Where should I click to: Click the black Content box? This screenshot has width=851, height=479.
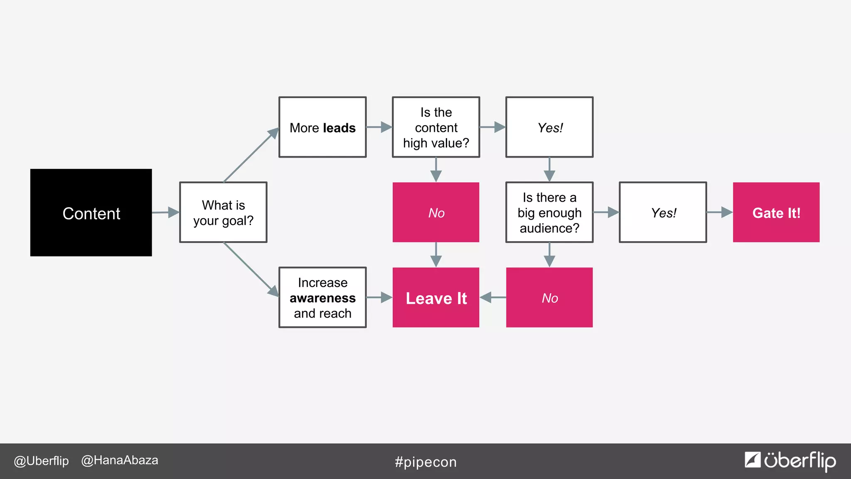pos(91,212)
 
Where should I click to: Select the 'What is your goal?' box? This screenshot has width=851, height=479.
pos(223,212)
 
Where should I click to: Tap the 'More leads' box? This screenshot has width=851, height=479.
pos(322,127)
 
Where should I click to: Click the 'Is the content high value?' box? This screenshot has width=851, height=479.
pos(436,127)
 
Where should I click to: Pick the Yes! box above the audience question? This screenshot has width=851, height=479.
pos(549,127)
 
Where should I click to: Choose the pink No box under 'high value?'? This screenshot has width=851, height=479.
pos(436,212)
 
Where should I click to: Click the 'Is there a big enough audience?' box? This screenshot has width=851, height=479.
pos(549,212)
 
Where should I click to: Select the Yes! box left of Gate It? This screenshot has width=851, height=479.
pos(663,212)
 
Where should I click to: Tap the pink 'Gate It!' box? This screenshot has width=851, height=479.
pos(776,212)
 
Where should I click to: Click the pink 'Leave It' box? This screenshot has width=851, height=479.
pos(436,298)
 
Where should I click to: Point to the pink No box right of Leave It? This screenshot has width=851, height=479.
pos(549,298)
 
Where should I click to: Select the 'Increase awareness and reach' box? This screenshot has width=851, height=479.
pos(322,298)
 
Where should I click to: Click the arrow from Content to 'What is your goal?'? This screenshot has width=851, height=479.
pos(166,212)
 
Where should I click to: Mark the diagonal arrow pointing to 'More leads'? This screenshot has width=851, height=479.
pos(251,155)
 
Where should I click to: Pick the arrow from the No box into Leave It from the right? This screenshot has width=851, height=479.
pos(493,298)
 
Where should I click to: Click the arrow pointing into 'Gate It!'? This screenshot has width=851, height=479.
pos(720,212)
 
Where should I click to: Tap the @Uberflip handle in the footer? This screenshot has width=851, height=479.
pos(41,461)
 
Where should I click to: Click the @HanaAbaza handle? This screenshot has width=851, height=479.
pos(120,460)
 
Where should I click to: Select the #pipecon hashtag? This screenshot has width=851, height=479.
pos(425,462)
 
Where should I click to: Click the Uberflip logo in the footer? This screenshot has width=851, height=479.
pos(790,461)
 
